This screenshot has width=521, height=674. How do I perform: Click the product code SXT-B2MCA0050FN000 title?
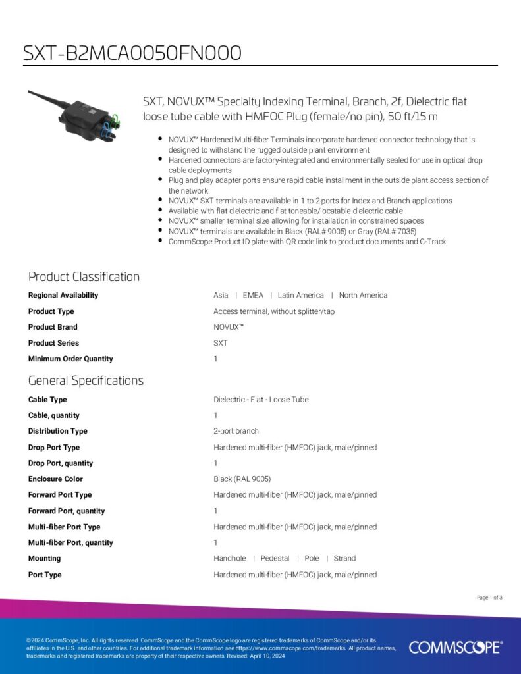(x=132, y=53)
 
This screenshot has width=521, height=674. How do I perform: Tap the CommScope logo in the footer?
(x=455, y=647)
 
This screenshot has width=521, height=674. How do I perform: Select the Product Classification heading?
(x=84, y=276)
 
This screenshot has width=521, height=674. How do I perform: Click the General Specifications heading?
(x=86, y=380)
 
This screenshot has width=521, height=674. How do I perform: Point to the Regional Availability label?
(x=63, y=295)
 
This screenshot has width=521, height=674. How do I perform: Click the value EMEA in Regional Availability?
(x=253, y=295)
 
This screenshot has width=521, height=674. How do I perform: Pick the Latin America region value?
(x=301, y=295)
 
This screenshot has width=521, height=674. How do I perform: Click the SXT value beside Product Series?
(x=221, y=343)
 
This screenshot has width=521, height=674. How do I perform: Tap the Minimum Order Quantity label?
(x=70, y=359)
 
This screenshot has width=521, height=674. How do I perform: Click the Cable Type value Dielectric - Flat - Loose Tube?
(x=261, y=400)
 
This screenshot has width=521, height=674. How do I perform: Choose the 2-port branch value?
(x=236, y=431)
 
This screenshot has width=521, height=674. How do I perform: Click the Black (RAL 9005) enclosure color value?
(x=242, y=479)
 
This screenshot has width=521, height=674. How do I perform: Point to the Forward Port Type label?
(x=60, y=495)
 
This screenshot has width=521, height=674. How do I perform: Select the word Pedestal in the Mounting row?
(x=275, y=558)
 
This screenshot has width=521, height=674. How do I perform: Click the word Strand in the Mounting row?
(x=344, y=558)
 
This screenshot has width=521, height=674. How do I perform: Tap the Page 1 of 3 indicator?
(x=489, y=598)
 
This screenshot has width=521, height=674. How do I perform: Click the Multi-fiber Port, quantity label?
(x=70, y=542)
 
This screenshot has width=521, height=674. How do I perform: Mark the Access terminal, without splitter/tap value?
(x=274, y=311)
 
